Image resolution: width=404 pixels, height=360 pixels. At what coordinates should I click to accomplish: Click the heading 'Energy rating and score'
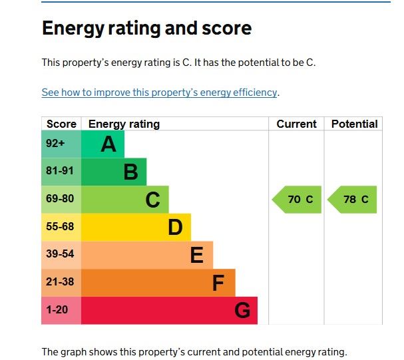pos(146,28)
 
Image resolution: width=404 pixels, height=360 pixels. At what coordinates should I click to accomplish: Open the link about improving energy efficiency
pos(159,92)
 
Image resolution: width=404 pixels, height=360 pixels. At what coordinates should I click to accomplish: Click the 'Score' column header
pos(61,124)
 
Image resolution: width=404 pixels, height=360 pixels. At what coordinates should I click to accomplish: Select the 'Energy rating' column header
pos(124,124)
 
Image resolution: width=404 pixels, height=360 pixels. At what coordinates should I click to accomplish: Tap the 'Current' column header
pos(296,124)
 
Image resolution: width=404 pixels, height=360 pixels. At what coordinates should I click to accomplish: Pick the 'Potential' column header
pos(354,124)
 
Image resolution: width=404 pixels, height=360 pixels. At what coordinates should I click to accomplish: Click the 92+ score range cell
pos(61,144)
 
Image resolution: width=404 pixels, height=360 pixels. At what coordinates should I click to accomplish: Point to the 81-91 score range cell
pos(61,171)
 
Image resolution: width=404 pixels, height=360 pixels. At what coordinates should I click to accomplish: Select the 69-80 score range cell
pos(61,199)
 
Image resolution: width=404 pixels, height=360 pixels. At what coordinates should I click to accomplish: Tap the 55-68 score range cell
pos(61,227)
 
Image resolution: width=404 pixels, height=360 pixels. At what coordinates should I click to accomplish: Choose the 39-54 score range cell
pos(61,254)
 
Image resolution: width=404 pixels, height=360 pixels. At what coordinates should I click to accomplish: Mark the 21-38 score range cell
pos(61,282)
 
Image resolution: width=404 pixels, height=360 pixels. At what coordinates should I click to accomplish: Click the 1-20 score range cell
pos(61,310)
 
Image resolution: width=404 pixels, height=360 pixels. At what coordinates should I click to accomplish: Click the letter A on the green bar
pos(108,144)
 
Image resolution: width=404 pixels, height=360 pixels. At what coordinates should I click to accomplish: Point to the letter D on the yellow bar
pos(175,228)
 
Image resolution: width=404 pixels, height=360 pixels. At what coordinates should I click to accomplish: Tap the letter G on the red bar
pos(242,311)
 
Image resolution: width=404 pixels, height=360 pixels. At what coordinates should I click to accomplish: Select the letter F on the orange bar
pos(218,283)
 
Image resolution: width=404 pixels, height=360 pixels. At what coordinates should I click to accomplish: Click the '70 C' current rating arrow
pos(297,200)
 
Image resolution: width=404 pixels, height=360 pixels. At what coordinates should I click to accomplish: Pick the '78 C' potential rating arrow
pos(353,200)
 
